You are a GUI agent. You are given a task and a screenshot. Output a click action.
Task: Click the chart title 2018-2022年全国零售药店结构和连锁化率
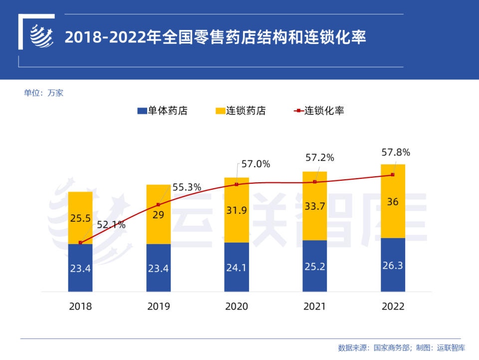[x=216, y=37]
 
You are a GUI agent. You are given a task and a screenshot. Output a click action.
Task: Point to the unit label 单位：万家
[x=44, y=93]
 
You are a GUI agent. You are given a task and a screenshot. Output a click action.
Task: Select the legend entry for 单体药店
[x=162, y=111]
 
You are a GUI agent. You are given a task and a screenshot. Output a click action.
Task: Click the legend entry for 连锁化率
[x=319, y=111]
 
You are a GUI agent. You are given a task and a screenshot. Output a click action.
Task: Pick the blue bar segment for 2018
[x=80, y=268]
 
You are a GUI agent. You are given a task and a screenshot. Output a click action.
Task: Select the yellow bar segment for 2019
[x=158, y=214]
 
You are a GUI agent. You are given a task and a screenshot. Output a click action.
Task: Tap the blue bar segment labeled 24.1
[x=237, y=267]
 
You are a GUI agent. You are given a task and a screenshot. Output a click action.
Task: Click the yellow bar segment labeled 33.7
[x=315, y=206]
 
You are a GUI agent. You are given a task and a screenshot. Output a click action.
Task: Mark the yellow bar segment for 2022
[x=393, y=201]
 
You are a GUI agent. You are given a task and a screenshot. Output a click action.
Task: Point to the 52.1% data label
[x=111, y=225]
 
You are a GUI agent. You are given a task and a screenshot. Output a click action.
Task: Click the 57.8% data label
[x=395, y=152]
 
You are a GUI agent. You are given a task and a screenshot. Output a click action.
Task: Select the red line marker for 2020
[x=237, y=184]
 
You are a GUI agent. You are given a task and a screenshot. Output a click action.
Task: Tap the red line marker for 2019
[x=158, y=205]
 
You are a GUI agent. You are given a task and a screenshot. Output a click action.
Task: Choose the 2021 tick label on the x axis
[x=315, y=307]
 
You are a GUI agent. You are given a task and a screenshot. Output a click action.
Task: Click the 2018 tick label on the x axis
[x=80, y=307]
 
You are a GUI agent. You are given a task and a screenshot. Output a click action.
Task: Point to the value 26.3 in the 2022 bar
[x=393, y=265]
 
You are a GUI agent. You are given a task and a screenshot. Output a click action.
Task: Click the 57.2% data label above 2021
[x=319, y=158]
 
